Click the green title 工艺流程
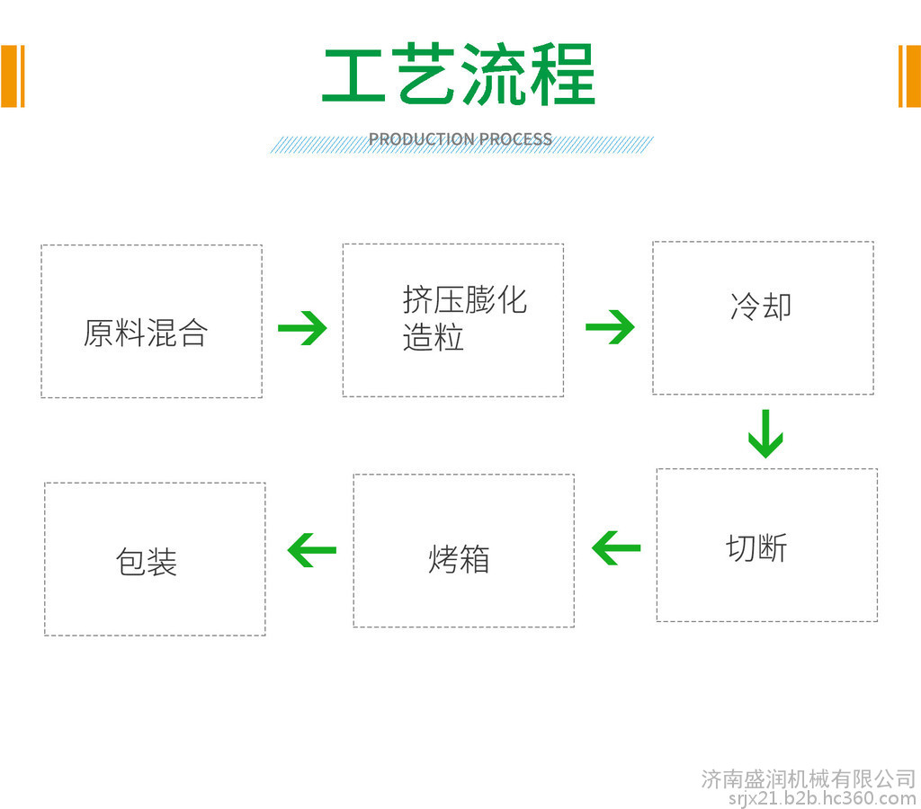click(x=459, y=75)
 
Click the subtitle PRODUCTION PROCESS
click(x=460, y=139)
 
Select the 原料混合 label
click(x=146, y=333)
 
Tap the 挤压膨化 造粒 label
click(x=465, y=318)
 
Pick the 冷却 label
click(x=761, y=306)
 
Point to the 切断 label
click(x=756, y=547)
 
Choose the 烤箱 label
click(x=459, y=558)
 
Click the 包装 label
click(x=147, y=561)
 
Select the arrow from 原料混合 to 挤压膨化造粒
click(x=302, y=327)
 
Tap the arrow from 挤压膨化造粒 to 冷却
click(x=611, y=326)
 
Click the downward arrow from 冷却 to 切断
click(x=765, y=434)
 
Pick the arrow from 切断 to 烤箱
click(x=616, y=548)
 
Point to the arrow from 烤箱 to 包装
click(x=312, y=550)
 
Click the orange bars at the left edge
click(x=13, y=76)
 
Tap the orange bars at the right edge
click(x=909, y=76)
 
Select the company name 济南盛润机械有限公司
click(x=809, y=779)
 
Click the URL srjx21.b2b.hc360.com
click(x=822, y=798)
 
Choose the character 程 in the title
click(x=563, y=75)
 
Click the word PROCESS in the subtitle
click(x=515, y=139)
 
